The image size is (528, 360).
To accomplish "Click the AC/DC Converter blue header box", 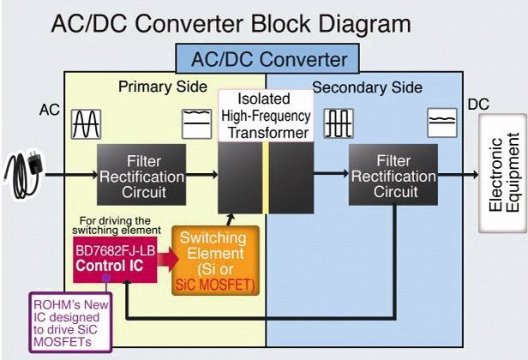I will click(268, 60).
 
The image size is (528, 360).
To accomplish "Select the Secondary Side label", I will click(367, 87).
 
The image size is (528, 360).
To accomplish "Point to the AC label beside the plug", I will click(49, 110).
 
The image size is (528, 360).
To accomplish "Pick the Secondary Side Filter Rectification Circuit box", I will click(392, 176).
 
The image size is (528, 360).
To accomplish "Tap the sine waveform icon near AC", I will click(87, 124).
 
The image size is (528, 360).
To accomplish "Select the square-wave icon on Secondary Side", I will click(339, 124).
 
